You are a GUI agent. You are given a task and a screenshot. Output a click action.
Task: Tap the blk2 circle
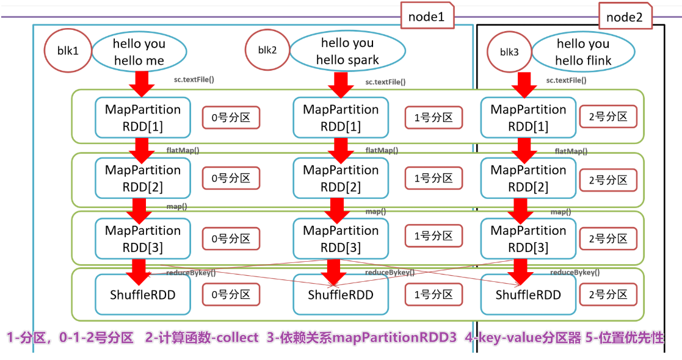coord(267,51)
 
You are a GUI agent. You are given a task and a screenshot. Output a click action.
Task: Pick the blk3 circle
coord(509,52)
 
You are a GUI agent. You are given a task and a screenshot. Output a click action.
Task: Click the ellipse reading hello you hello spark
coord(347,51)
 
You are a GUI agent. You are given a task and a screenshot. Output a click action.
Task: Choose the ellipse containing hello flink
coord(582,52)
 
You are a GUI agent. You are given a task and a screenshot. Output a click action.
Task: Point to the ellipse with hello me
coord(139,51)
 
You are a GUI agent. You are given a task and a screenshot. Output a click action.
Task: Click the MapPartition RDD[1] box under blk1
coord(142,118)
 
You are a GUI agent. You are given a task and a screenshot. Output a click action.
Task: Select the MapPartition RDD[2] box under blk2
coord(341,178)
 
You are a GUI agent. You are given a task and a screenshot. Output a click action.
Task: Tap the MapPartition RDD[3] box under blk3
coord(528,239)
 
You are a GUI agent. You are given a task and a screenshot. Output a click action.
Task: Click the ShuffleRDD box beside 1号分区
coord(341,295)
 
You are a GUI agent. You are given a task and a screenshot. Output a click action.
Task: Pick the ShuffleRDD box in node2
coord(528,295)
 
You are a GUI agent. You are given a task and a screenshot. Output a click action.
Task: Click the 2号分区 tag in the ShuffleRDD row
coord(608,294)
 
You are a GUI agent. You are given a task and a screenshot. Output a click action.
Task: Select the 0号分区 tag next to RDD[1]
coord(231,118)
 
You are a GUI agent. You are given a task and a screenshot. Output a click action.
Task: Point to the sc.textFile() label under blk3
coord(565,80)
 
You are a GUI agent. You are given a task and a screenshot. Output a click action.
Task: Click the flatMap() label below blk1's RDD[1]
coord(183,150)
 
